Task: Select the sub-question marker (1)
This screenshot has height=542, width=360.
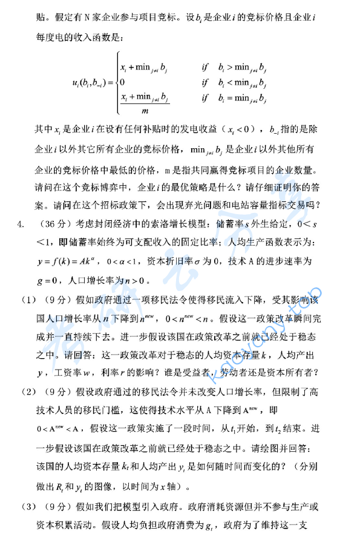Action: tap(28, 300)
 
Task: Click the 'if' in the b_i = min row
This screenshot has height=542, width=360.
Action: tap(205, 97)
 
